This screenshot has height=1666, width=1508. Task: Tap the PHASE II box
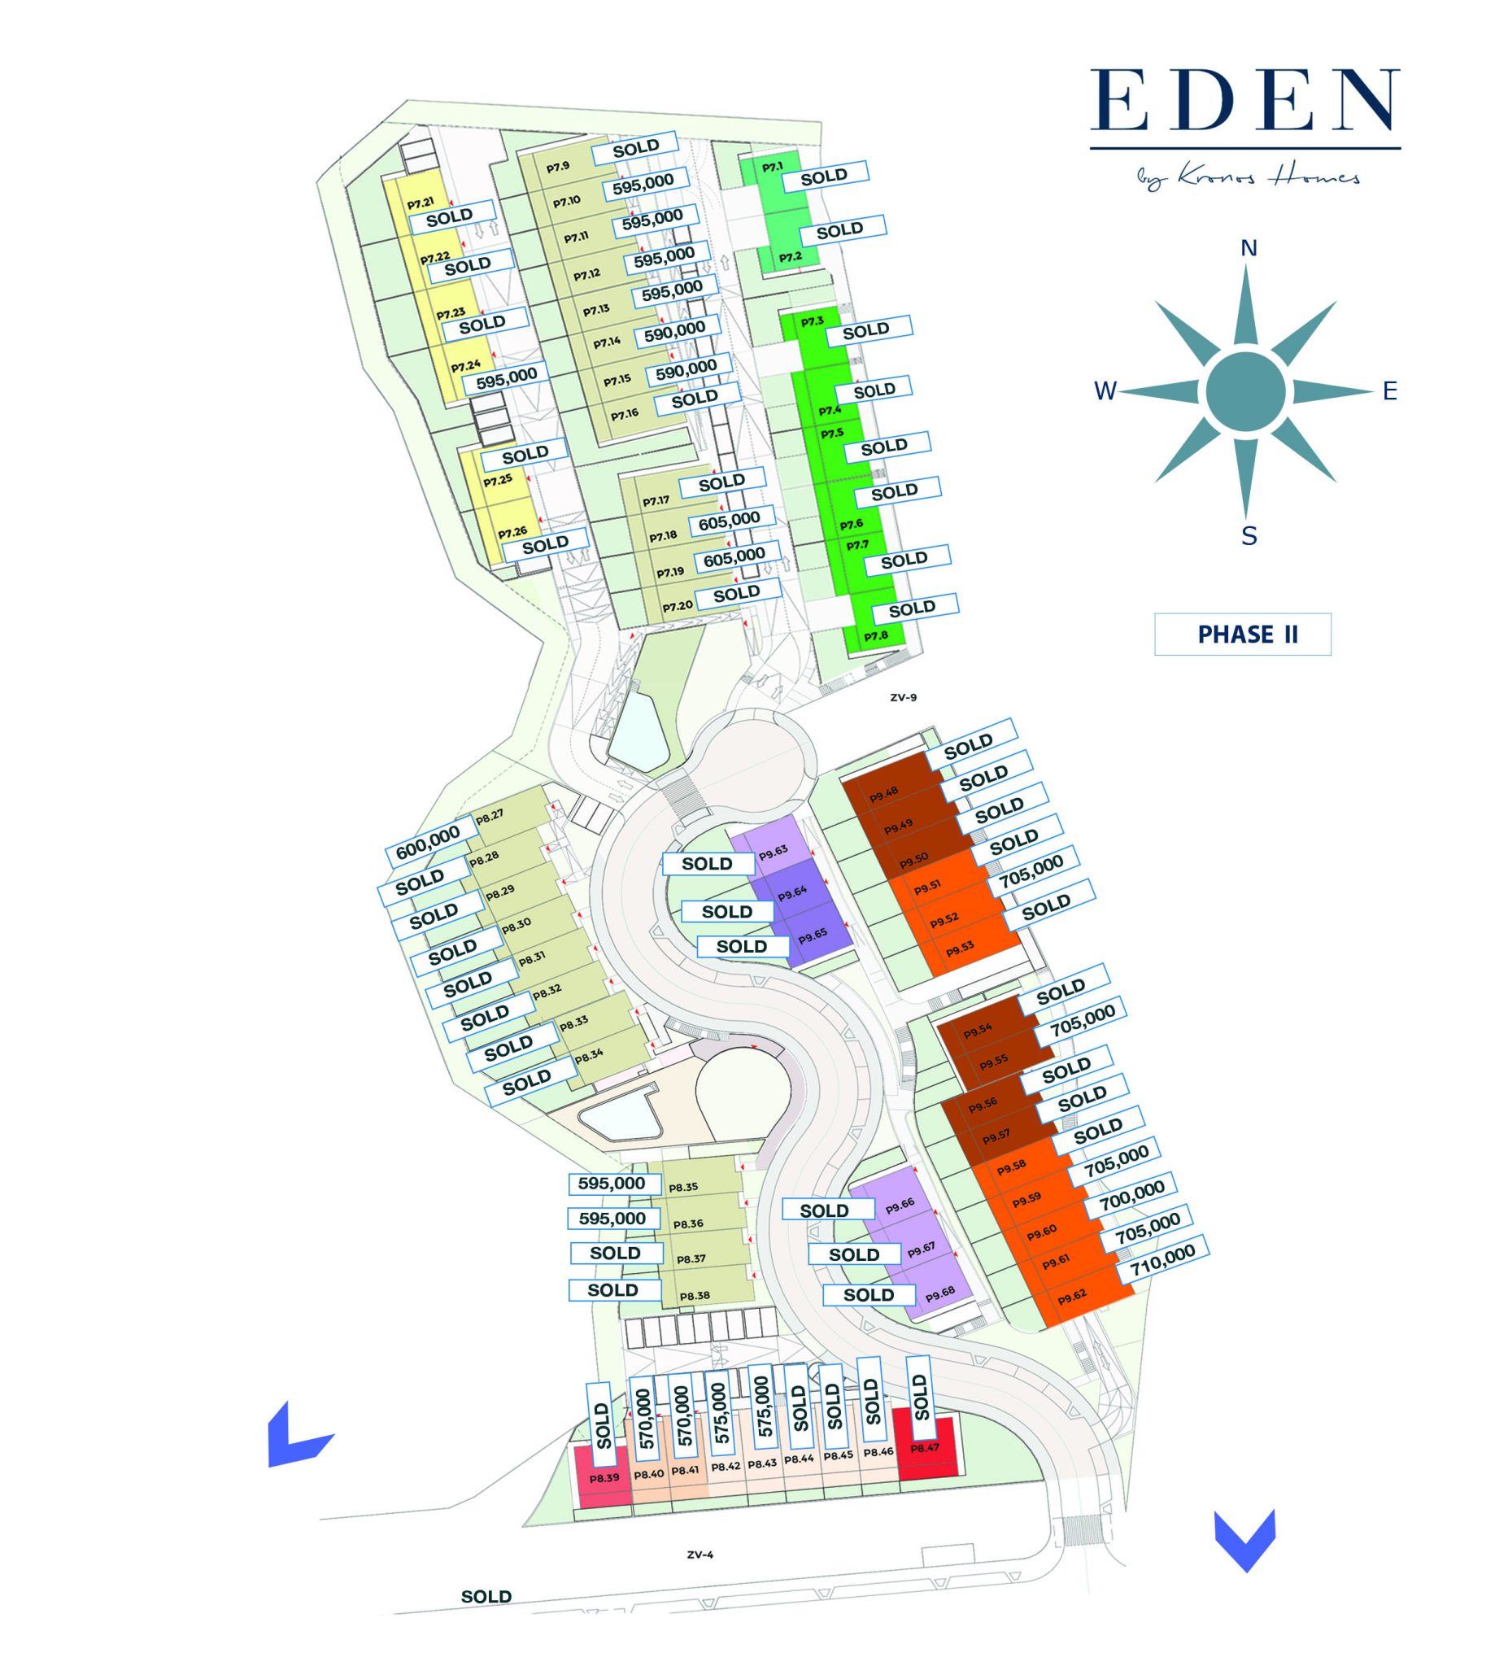(x=1242, y=635)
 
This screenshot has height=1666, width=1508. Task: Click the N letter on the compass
(x=1249, y=249)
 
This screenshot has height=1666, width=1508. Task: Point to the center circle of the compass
(x=1245, y=391)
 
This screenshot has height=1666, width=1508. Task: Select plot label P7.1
(x=772, y=168)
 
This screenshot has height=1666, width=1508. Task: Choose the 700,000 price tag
(x=1131, y=1196)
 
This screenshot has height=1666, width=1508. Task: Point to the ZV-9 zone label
(x=903, y=697)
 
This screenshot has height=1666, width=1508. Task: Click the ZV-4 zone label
(x=699, y=1555)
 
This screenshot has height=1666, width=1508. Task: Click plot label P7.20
(x=678, y=607)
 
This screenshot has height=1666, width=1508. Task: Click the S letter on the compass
(x=1249, y=536)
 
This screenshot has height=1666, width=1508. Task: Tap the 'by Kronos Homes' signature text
(x=1244, y=177)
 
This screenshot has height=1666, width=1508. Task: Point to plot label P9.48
(x=883, y=794)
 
